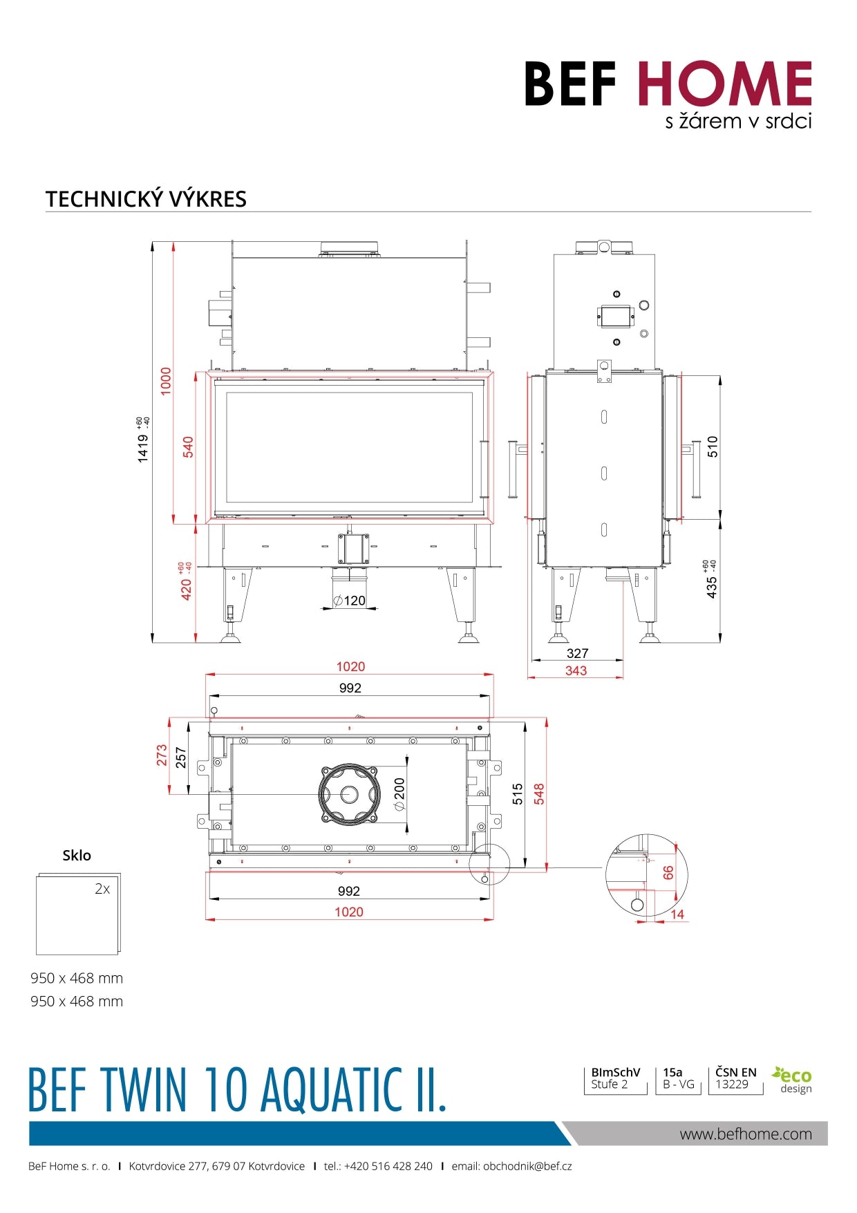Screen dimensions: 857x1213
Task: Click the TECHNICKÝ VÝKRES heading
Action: [146, 199]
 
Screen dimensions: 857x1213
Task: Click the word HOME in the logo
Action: [724, 84]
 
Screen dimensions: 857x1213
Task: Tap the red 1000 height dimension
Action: [166, 382]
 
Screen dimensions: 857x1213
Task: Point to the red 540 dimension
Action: [188, 446]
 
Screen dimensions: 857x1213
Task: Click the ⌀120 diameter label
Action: [350, 601]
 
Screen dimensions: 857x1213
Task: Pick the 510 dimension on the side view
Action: [713, 446]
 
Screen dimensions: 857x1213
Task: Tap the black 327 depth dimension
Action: [577, 653]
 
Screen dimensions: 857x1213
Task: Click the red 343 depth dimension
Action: [576, 670]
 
